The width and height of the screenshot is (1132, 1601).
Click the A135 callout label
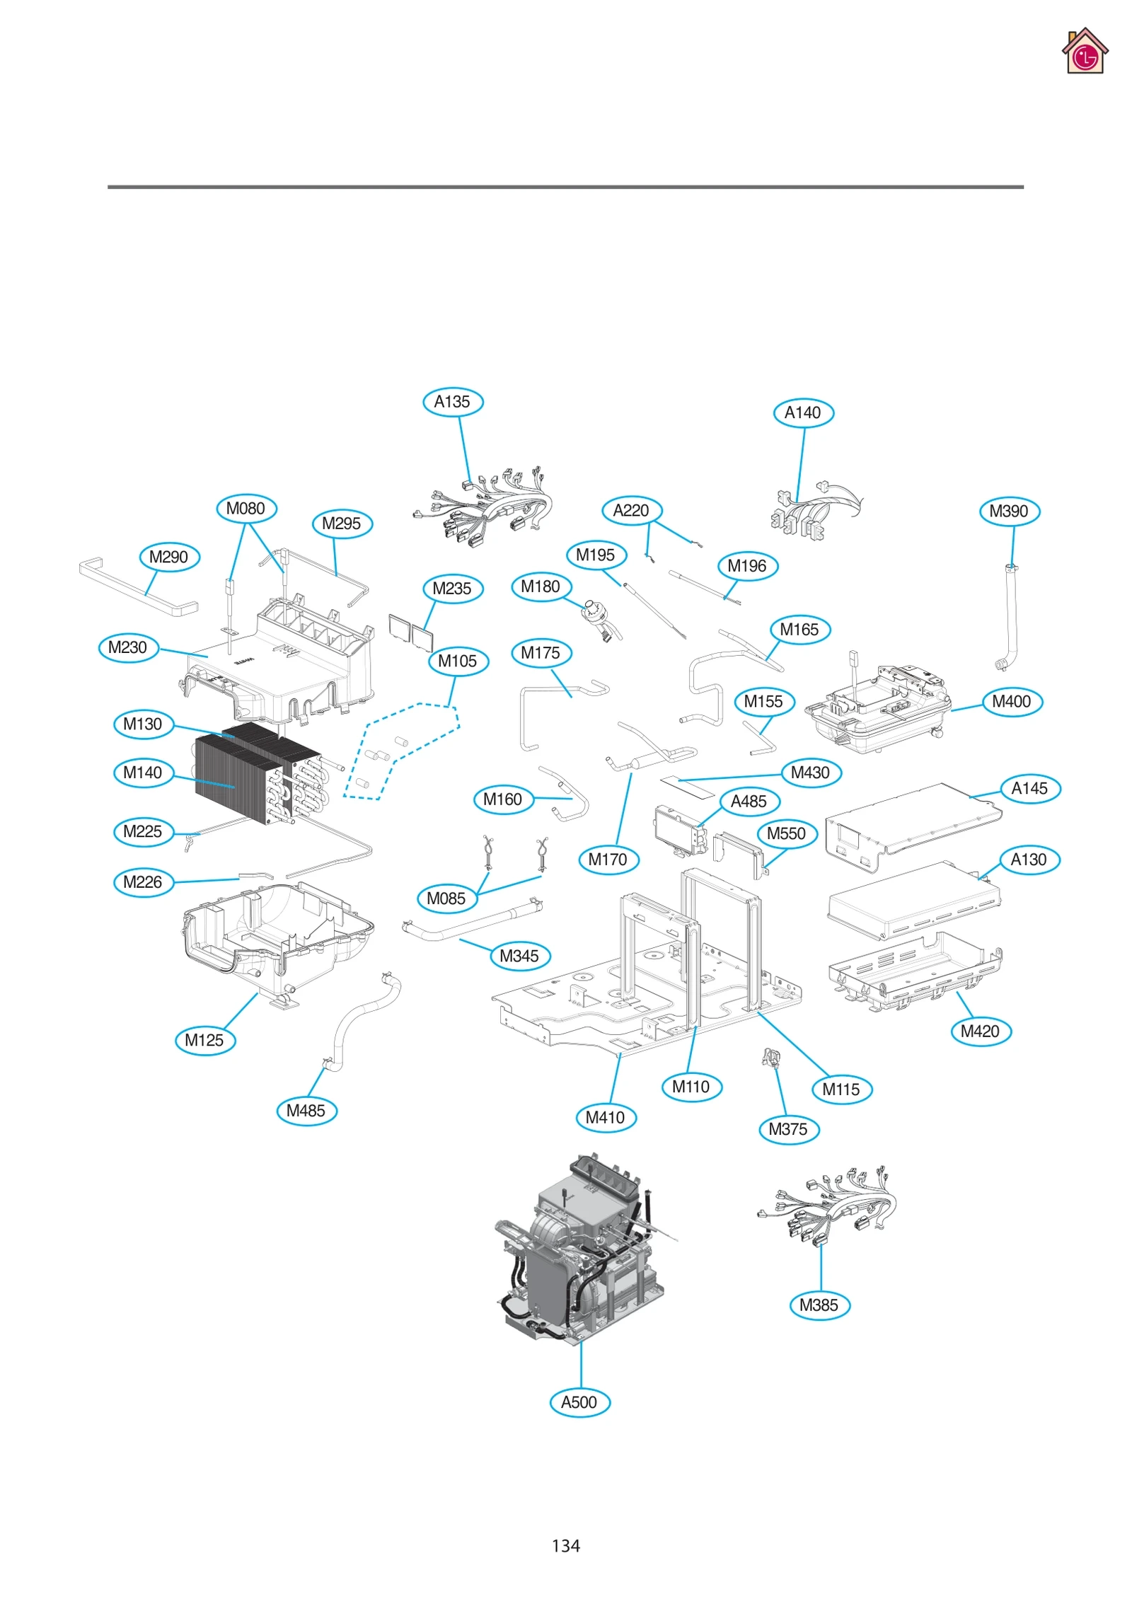click(452, 402)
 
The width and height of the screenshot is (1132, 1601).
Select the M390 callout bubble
click(1009, 511)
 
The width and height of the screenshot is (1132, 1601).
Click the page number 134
click(565, 1545)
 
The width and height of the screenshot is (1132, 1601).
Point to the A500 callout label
click(579, 1402)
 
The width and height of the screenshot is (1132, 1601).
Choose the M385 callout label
click(819, 1305)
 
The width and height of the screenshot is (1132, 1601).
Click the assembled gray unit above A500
click(580, 1252)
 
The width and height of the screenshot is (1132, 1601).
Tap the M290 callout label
click(169, 557)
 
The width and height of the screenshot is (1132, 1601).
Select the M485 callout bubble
click(306, 1110)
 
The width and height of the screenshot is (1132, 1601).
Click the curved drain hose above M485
click(361, 1019)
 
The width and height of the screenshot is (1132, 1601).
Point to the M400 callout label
click(1011, 701)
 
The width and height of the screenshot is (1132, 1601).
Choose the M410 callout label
click(606, 1117)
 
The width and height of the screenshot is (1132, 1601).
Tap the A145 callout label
click(1029, 788)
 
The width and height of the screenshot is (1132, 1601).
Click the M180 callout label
click(541, 586)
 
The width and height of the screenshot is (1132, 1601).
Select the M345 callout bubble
click(519, 956)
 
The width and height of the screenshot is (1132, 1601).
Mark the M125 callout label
click(204, 1040)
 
